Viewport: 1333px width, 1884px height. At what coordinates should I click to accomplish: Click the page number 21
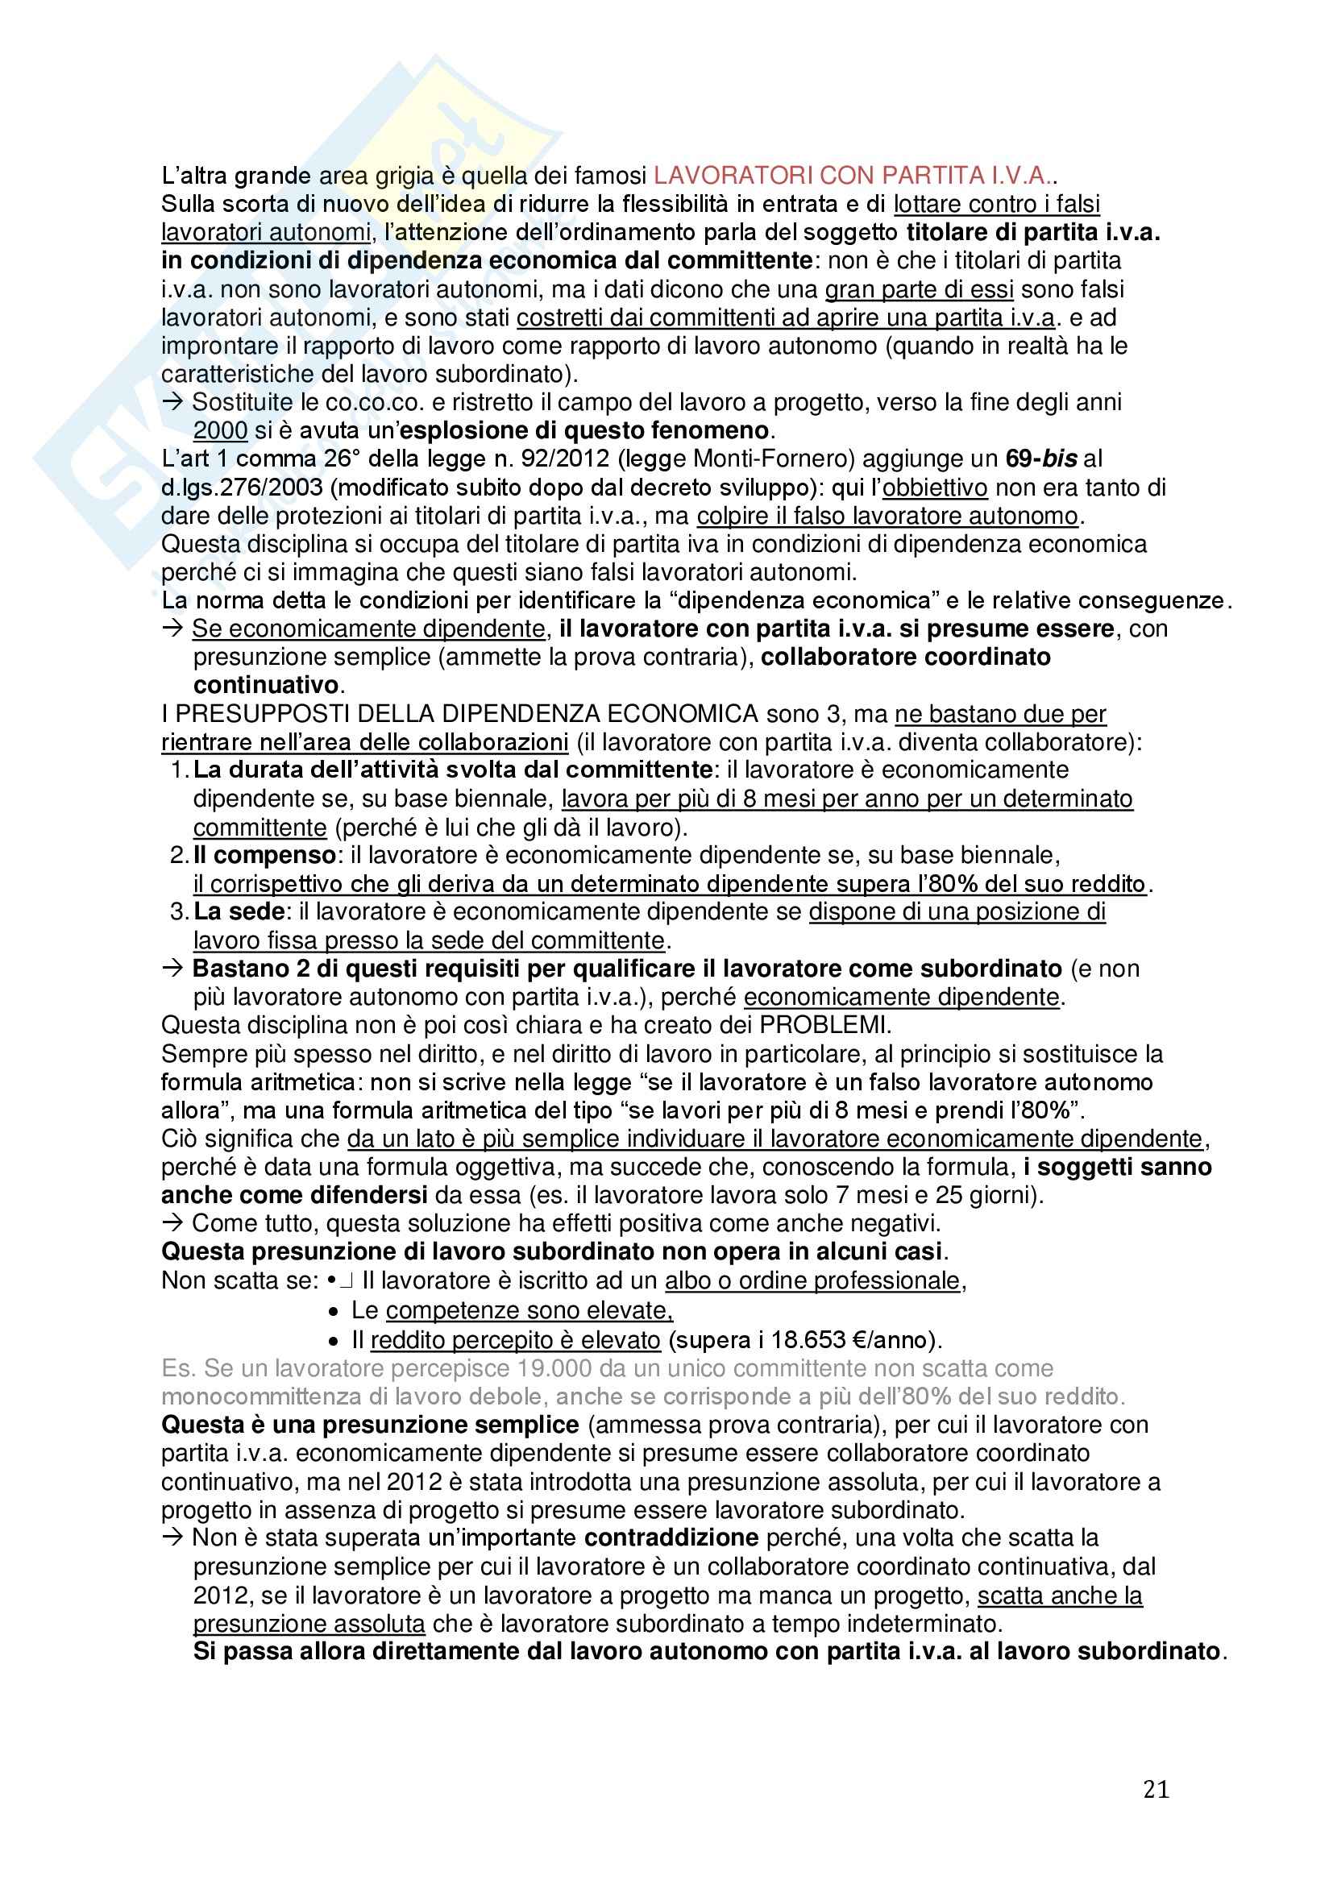tap(1156, 1789)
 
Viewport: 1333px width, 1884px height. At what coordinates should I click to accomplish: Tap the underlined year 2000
tap(220, 431)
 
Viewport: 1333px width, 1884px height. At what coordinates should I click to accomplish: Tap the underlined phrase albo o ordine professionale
tap(812, 1281)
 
